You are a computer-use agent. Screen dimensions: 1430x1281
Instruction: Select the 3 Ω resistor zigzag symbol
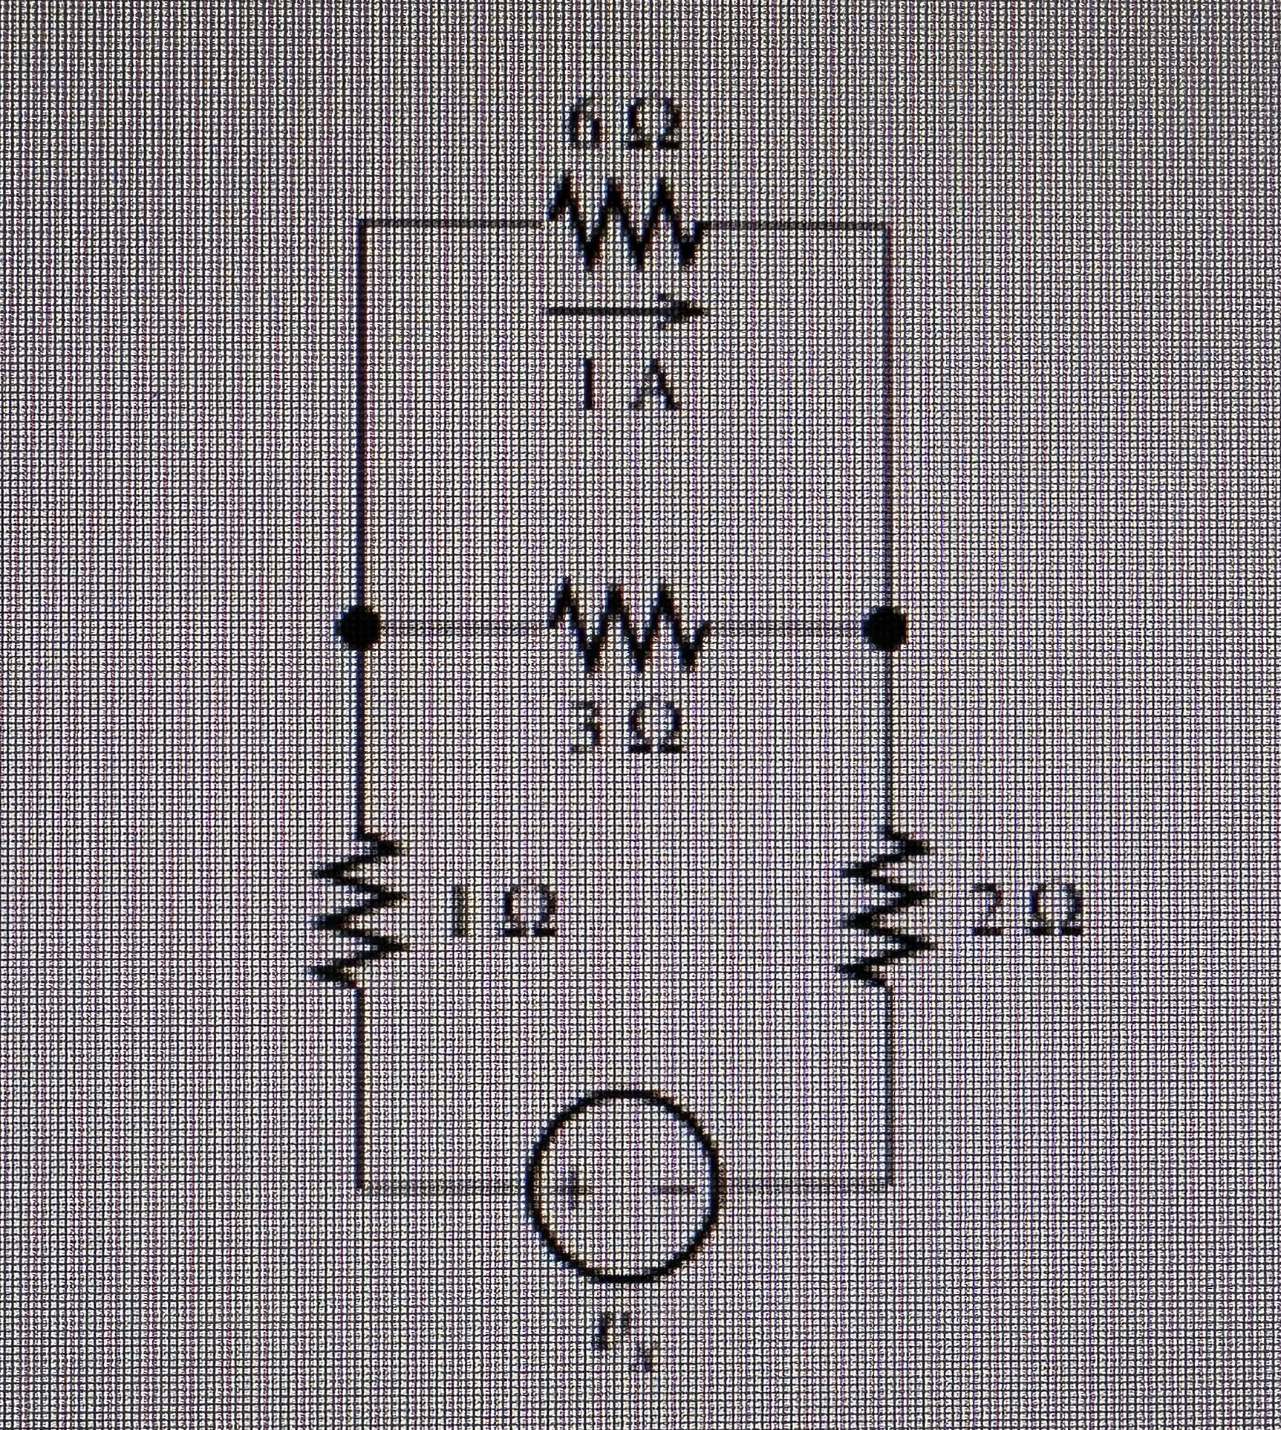[x=628, y=628]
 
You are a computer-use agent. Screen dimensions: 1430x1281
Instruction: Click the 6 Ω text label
[x=623, y=131]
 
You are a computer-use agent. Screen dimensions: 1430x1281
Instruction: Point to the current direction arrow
[x=624, y=312]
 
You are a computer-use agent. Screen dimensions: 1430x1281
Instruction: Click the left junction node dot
[x=360, y=628]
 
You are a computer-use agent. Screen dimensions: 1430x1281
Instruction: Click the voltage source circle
[x=622, y=1186]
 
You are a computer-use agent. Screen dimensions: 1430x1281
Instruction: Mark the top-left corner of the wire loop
[x=360, y=223]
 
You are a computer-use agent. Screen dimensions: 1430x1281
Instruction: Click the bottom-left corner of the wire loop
[x=360, y=1187]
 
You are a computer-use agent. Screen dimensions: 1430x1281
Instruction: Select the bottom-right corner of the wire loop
[x=887, y=1187]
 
